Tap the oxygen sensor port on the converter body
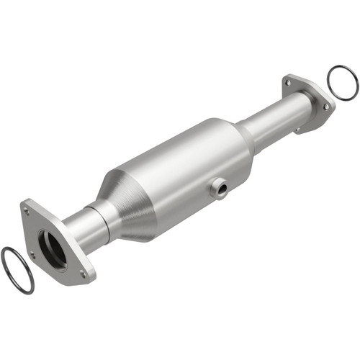219,189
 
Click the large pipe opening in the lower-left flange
52,244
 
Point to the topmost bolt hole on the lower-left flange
27,211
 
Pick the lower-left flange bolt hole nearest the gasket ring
32,253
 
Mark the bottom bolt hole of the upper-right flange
297,129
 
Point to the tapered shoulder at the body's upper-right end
242,134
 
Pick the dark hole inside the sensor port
221,190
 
